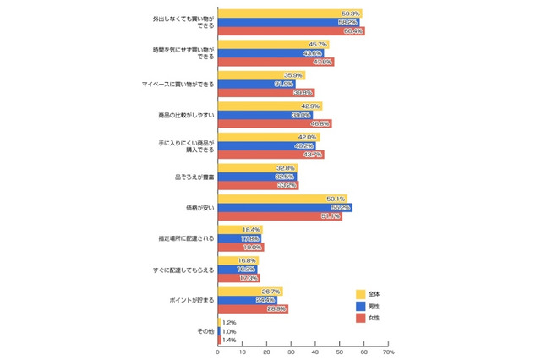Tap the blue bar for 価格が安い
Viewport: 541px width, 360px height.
pos(283,207)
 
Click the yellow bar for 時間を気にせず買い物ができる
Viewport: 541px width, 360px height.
pos(272,44)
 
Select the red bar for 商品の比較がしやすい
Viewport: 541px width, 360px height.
pos(274,123)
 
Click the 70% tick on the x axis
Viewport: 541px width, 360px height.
pos(389,352)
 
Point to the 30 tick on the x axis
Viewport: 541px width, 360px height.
pos(291,352)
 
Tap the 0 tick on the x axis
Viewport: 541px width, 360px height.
pos(218,352)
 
